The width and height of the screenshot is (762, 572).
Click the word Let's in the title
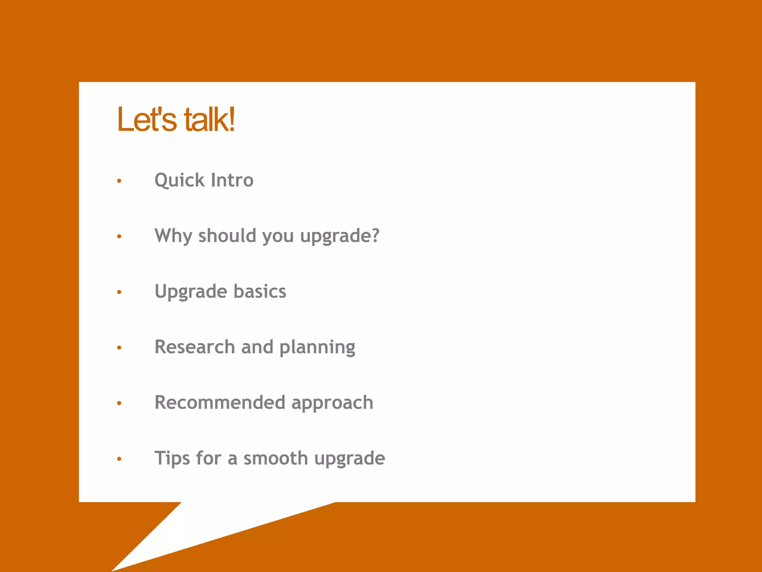147,120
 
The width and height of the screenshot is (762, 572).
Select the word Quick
179,181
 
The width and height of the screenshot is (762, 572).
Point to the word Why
173,236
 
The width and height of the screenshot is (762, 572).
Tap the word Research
195,347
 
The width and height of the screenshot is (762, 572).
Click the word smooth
275,458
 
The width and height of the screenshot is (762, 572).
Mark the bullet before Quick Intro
119,181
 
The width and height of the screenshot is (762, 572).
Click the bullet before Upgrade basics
119,292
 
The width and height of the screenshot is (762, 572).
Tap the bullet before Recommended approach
119,403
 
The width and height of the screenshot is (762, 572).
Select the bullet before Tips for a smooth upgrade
119,459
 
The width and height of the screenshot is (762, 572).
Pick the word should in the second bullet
227,236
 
